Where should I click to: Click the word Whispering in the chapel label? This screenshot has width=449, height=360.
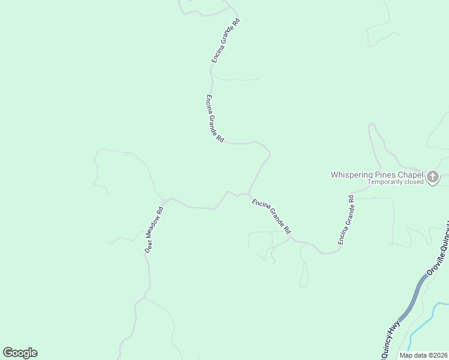coord(351,175)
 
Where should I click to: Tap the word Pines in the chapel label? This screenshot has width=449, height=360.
coord(384,175)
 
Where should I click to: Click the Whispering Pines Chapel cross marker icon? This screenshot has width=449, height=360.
coord(433,176)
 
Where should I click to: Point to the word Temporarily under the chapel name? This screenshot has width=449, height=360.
coord(386,182)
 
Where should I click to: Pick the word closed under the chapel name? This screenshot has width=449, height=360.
coord(414,182)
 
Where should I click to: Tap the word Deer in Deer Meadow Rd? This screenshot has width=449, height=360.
coord(148,247)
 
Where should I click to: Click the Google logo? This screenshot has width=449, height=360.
coord(20,353)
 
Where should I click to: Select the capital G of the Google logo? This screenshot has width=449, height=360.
coord(8,353)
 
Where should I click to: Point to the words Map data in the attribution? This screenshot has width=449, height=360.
coord(412,355)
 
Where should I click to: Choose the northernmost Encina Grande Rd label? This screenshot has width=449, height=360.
coord(226,40)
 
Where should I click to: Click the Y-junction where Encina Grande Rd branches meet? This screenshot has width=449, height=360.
coord(249,194)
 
